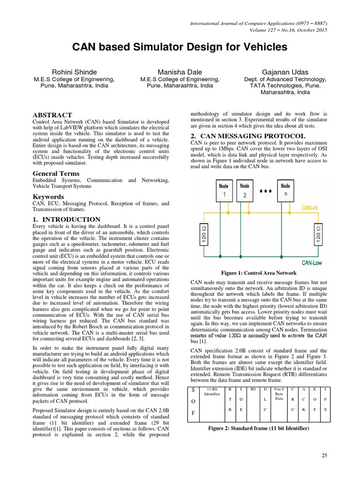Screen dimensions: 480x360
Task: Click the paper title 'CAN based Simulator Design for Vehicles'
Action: tap(180, 47)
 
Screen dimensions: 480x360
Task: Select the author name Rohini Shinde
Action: tap(75, 72)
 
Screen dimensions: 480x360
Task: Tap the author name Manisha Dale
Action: tap(180, 72)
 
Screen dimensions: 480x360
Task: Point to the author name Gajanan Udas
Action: tap(285, 72)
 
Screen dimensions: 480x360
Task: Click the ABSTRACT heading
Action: tap(52, 115)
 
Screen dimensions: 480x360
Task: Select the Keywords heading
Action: tap(48, 197)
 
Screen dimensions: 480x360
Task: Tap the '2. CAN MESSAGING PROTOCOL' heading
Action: tap(248, 136)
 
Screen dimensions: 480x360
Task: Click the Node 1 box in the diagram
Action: tap(224, 190)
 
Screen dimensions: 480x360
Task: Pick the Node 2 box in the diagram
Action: tap(245, 190)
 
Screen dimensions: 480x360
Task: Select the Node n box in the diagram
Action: tap(285, 190)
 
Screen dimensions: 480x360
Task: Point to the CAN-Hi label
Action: tap(311, 207)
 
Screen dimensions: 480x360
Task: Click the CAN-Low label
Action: tap(311, 263)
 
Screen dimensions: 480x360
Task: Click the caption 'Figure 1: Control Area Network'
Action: tap(259, 273)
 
